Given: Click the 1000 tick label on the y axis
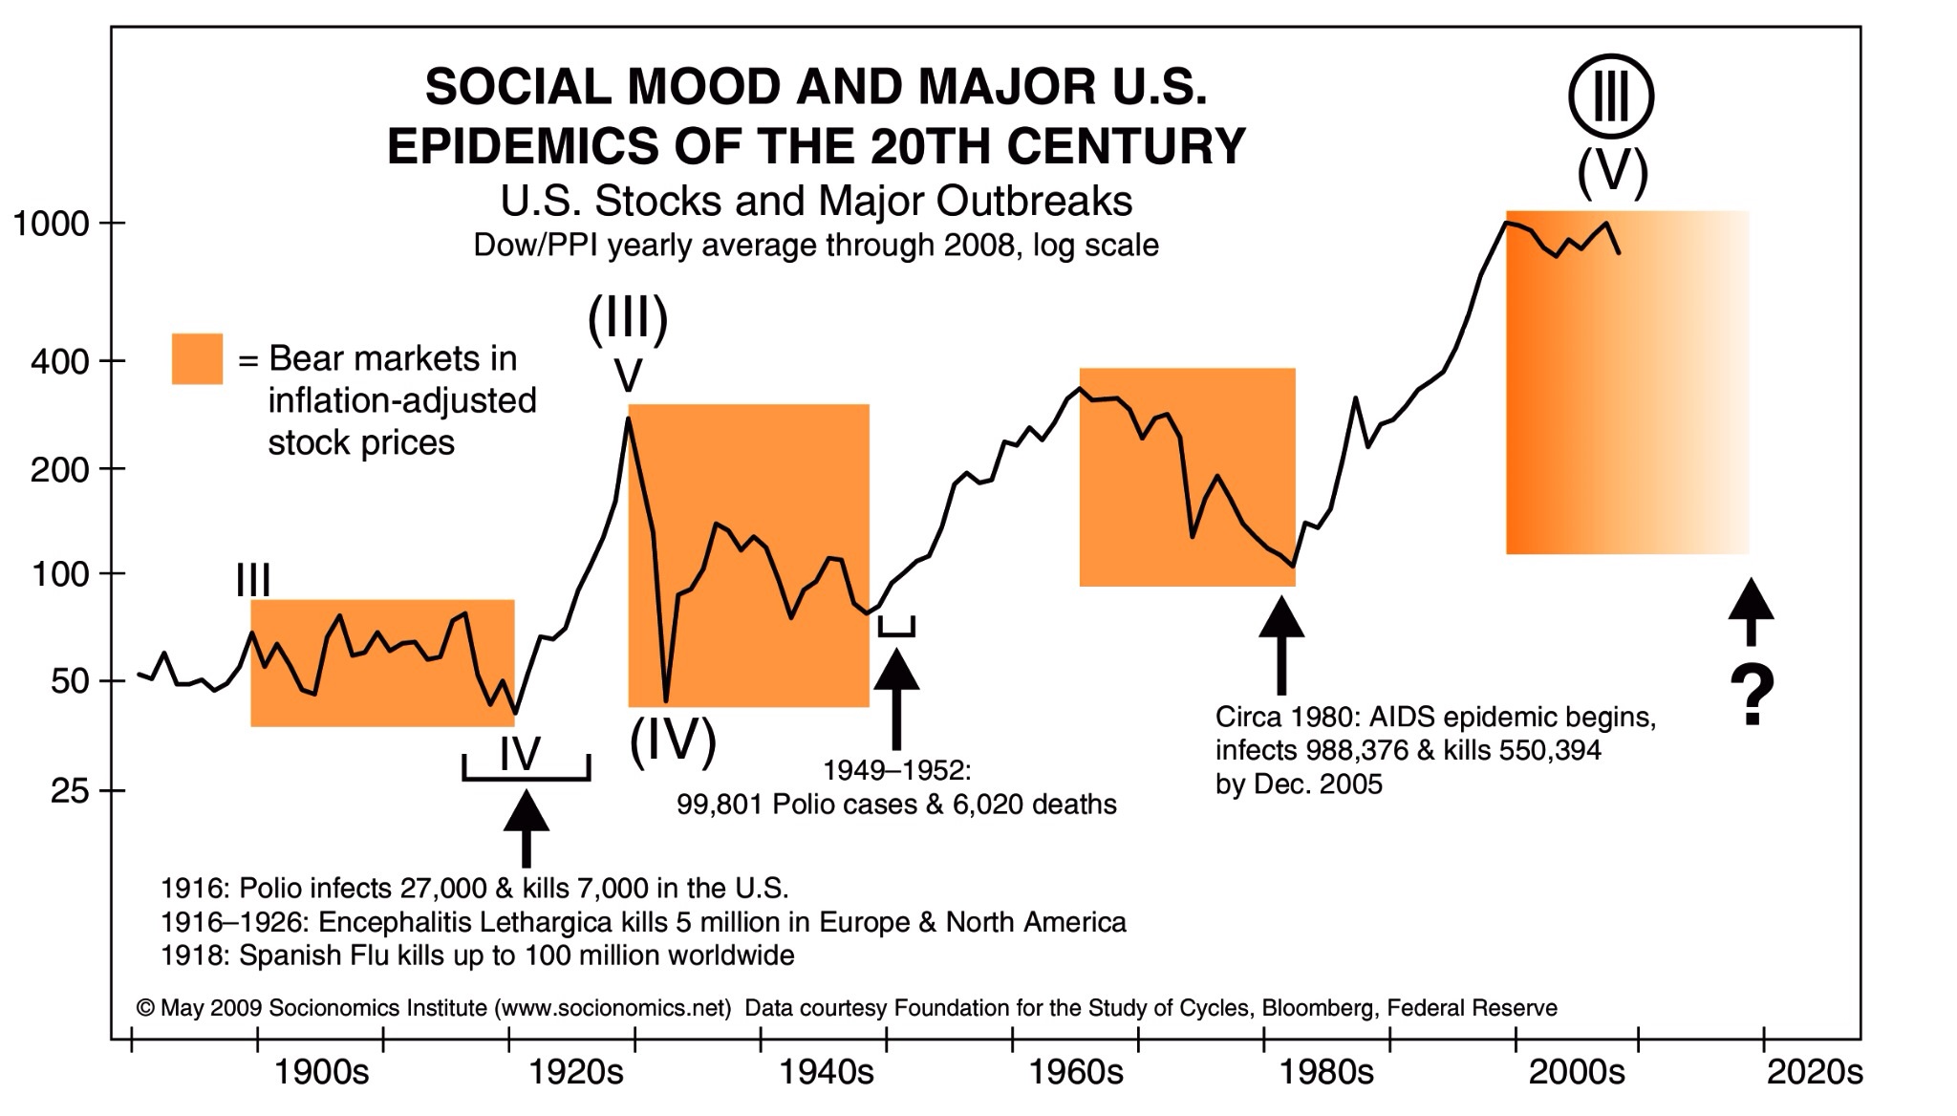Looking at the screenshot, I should click(49, 225).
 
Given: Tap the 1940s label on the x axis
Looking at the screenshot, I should click(827, 1073).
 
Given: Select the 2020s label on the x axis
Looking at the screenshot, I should click(1815, 1073).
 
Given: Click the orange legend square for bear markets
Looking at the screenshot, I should click(197, 359).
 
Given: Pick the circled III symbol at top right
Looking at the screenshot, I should click(1611, 97).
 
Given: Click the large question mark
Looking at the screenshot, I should click(1752, 696).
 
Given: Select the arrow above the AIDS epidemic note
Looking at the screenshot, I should click(1281, 644).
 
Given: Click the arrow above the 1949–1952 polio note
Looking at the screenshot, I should click(896, 697).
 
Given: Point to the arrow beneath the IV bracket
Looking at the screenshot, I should click(526, 827).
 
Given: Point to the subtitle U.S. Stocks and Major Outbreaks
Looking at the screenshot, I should click(816, 202).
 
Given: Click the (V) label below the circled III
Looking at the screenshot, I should click(1612, 173).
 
